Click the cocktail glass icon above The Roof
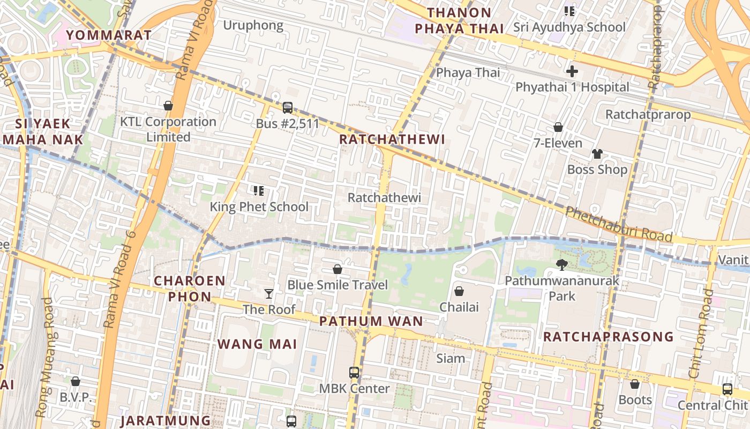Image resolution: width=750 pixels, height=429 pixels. coord(269,293)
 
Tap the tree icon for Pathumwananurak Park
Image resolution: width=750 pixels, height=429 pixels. coord(561,264)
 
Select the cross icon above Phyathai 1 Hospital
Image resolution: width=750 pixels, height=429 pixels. coord(572,71)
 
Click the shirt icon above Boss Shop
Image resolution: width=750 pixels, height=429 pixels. coord(597,154)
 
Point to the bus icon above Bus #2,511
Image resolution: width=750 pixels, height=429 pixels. coord(288,108)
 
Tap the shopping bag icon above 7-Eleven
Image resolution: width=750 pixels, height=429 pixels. coord(558,127)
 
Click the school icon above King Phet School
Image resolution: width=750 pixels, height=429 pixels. coord(259,190)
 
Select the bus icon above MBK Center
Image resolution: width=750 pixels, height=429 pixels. coord(354,372)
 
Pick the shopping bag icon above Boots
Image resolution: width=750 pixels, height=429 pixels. coord(635,384)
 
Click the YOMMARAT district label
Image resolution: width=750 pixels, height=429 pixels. coord(109,35)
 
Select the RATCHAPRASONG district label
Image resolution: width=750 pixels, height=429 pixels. coord(609,337)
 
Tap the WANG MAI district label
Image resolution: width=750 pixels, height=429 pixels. coord(257,344)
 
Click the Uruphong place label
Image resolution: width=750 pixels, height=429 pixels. coord(253,25)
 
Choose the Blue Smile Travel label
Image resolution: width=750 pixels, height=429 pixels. coord(337,284)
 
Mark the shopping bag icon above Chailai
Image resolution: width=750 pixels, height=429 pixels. coord(459,291)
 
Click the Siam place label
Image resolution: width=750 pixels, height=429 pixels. coord(451,358)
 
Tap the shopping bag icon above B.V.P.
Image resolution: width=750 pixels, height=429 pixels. coord(76,381)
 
